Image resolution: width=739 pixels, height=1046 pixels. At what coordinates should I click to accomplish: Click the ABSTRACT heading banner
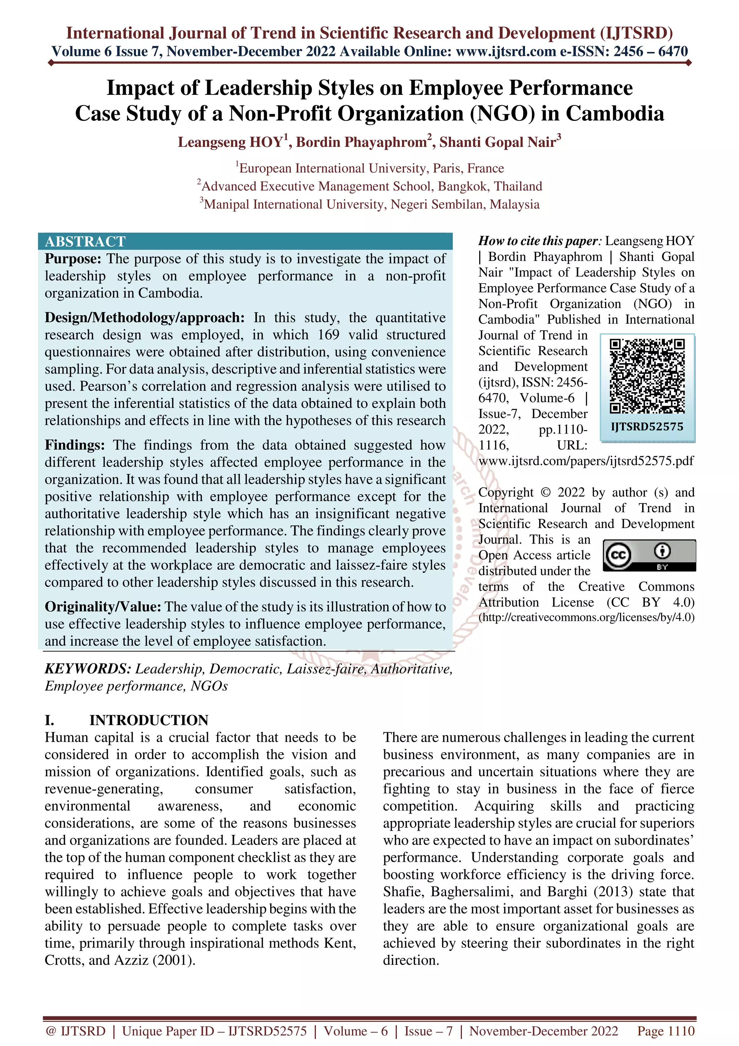(x=85, y=241)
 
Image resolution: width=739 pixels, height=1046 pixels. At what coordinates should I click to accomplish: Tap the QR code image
(x=647, y=376)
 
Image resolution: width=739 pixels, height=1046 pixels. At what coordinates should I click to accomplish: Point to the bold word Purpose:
(x=73, y=259)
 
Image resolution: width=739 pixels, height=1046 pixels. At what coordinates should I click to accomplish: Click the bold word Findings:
(x=75, y=445)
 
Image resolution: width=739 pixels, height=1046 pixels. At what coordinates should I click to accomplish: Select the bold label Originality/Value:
(x=103, y=607)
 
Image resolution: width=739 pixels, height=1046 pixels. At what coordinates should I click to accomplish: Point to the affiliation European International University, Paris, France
(x=371, y=169)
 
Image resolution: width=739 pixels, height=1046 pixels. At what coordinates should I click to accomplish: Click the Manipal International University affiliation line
(x=371, y=205)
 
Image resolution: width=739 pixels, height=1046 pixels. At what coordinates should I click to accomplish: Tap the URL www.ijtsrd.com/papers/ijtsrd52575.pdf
(x=586, y=461)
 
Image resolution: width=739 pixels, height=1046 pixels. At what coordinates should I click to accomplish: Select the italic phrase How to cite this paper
(x=537, y=241)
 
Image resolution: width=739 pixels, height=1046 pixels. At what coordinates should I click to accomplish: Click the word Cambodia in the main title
(x=615, y=113)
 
